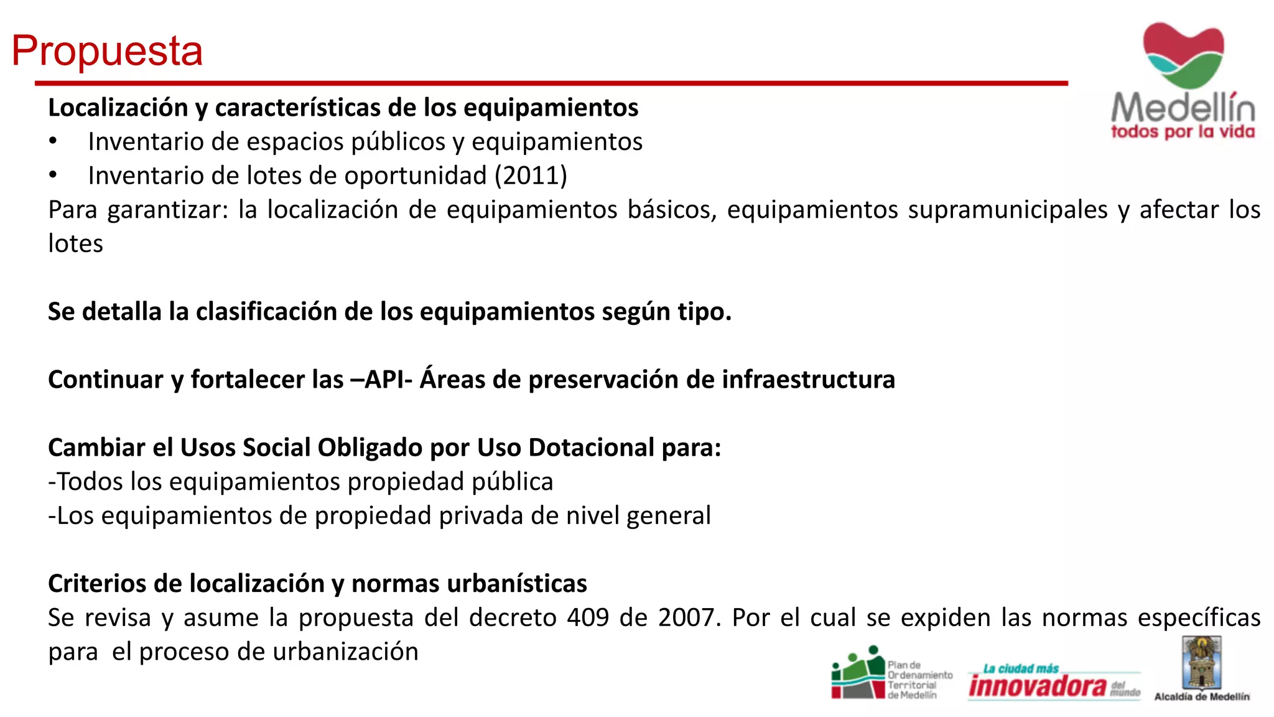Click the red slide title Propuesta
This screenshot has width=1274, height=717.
(107, 50)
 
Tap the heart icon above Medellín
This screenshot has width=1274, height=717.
(1183, 55)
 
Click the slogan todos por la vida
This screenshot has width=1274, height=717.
(1183, 132)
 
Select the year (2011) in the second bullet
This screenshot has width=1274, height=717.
(531, 176)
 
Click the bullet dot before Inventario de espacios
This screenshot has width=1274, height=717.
(53, 141)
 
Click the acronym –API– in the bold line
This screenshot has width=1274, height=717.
(381, 380)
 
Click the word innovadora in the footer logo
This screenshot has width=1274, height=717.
(1038, 686)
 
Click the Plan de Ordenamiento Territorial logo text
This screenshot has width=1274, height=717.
(919, 680)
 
